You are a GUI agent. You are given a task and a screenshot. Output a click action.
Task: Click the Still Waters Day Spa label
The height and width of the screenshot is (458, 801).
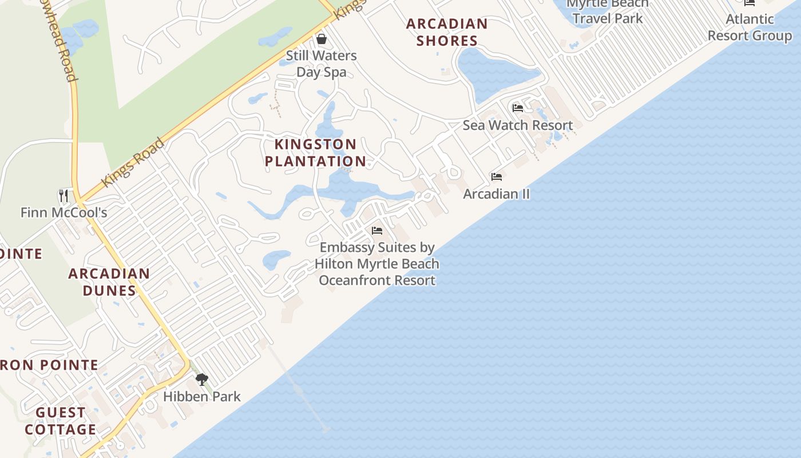(321, 64)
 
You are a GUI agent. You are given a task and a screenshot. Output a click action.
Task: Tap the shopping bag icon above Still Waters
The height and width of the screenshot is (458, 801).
(322, 39)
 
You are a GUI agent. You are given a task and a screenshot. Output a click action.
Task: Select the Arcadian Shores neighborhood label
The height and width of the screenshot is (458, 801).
(447, 32)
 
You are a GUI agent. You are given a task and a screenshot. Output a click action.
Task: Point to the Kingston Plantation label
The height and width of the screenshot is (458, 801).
(315, 152)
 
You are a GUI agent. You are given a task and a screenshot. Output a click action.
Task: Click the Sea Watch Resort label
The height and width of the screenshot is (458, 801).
(517, 125)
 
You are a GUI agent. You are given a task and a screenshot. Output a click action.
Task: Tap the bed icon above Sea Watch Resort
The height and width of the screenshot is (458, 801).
(518, 108)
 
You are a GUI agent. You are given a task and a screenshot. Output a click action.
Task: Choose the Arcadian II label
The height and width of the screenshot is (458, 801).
(496, 194)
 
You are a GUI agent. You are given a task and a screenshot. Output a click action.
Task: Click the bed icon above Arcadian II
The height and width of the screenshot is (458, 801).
(497, 177)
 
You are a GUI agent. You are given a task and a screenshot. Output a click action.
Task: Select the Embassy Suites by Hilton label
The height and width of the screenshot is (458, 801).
(377, 264)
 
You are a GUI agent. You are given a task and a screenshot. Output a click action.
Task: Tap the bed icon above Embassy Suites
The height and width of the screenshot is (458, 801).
(377, 231)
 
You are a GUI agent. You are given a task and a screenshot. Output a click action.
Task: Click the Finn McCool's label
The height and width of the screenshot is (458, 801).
(64, 212)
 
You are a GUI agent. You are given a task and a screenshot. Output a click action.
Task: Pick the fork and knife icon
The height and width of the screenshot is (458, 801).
(64, 196)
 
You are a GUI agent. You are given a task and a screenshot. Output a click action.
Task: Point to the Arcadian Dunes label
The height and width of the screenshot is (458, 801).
(109, 282)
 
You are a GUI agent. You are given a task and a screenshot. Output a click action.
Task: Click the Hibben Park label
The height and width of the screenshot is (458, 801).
(202, 396)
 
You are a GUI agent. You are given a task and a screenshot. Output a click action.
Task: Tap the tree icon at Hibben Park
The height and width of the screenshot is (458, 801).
(201, 379)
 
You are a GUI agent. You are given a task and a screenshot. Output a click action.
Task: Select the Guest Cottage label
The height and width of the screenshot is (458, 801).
(61, 421)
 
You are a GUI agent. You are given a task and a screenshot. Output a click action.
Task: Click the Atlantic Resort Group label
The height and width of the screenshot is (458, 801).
(750, 27)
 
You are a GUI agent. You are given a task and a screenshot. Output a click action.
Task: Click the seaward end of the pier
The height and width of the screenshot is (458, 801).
(326, 429)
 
